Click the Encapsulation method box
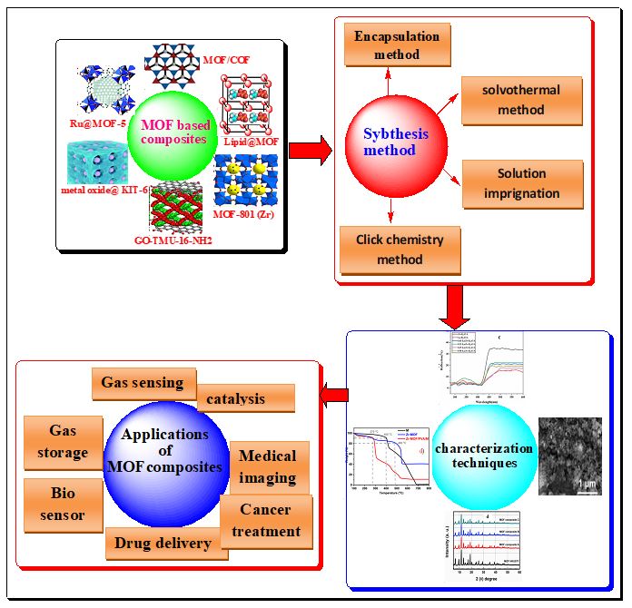click(x=397, y=45)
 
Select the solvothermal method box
click(x=522, y=100)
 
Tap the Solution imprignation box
click(x=522, y=182)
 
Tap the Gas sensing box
click(x=143, y=383)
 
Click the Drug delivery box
click(x=163, y=543)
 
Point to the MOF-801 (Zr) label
click(x=246, y=214)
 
